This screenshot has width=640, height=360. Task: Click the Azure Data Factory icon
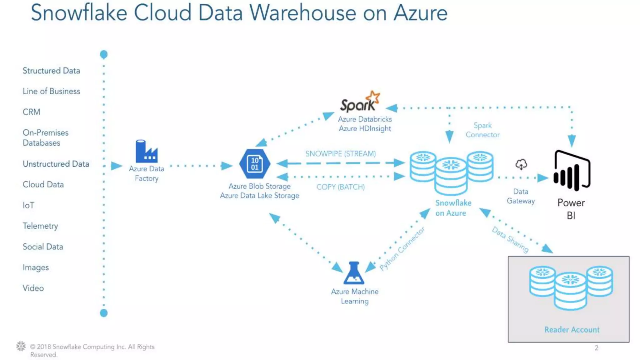click(x=146, y=151)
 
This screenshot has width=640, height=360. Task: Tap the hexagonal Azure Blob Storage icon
click(x=255, y=164)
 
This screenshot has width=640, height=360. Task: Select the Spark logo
click(x=360, y=102)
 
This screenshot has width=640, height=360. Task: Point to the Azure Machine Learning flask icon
click(x=354, y=273)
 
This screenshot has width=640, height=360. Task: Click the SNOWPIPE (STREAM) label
click(x=340, y=154)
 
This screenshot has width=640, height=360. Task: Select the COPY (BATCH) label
click(x=340, y=187)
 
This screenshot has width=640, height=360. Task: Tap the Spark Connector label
click(x=482, y=130)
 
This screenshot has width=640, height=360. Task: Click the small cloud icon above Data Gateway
click(x=521, y=164)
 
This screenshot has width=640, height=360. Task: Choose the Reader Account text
click(x=572, y=330)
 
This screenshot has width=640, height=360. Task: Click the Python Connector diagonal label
click(x=402, y=248)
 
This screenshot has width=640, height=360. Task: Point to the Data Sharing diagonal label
click(x=510, y=239)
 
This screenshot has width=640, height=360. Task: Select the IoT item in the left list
click(x=28, y=205)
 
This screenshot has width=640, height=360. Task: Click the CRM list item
click(x=31, y=112)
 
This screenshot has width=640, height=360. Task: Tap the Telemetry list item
click(x=40, y=226)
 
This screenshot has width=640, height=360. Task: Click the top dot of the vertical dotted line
click(x=104, y=54)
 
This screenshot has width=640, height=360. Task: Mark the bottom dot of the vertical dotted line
click(x=104, y=313)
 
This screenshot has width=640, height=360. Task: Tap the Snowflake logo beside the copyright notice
click(x=21, y=346)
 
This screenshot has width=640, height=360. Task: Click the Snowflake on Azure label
click(x=453, y=208)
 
